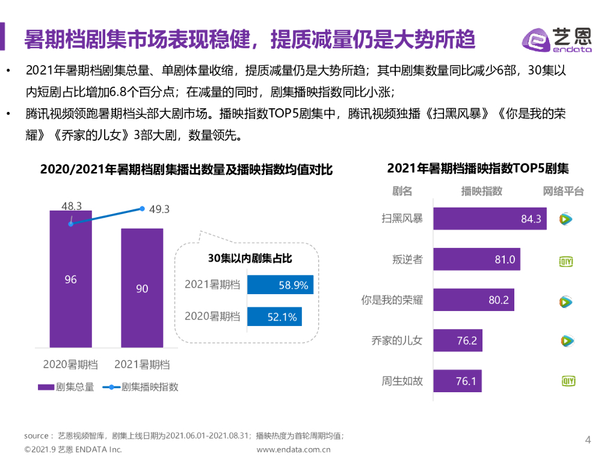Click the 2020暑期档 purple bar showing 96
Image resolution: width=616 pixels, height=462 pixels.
pyautogui.click(x=71, y=279)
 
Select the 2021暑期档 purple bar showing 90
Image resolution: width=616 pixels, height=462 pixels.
pyautogui.click(x=142, y=288)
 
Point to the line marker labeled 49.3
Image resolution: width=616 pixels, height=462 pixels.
pyautogui.click(x=142, y=209)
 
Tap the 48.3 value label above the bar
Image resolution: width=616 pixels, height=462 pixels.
pyautogui.click(x=72, y=206)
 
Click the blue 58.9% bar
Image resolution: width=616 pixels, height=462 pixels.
pyautogui.click(x=280, y=285)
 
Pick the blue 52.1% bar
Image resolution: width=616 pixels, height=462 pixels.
pyautogui.click(x=274, y=316)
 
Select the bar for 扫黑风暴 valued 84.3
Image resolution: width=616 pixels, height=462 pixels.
pyautogui.click(x=489, y=219)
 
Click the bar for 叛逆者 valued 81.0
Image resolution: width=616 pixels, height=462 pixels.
pyautogui.click(x=476, y=260)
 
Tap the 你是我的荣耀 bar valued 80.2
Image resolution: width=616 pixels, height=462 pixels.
pyautogui.click(x=473, y=300)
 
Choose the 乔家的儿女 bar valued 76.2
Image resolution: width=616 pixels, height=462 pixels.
pyautogui.click(x=458, y=340)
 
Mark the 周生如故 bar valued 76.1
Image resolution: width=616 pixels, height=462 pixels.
pyautogui.click(x=457, y=381)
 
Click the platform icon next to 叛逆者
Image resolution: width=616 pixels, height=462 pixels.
pyautogui.click(x=566, y=260)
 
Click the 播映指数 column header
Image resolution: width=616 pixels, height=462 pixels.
pyautogui.click(x=481, y=191)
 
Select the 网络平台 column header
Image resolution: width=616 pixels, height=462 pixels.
pyautogui.click(x=563, y=191)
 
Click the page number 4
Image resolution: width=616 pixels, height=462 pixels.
pyautogui.click(x=588, y=440)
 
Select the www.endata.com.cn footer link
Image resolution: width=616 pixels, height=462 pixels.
pyautogui.click(x=293, y=449)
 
